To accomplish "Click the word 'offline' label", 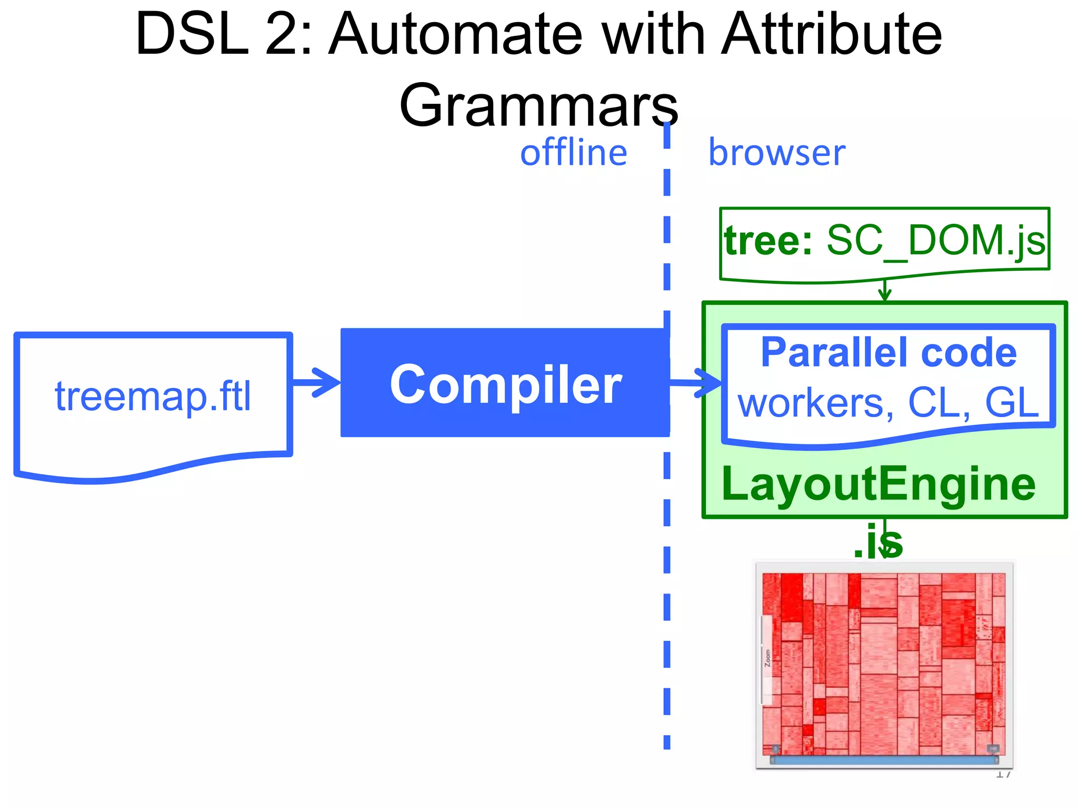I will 573,153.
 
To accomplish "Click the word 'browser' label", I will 776,153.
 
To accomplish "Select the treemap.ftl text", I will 153,396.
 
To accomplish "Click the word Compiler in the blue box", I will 505,384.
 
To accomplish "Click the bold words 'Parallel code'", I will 889,352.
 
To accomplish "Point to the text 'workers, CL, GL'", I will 889,403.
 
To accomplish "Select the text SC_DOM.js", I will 936,240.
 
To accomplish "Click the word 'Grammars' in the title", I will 538,105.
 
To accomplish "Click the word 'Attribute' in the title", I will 832,34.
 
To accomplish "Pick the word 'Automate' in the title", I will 455,34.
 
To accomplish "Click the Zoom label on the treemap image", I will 767,658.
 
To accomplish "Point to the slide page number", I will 1003,774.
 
